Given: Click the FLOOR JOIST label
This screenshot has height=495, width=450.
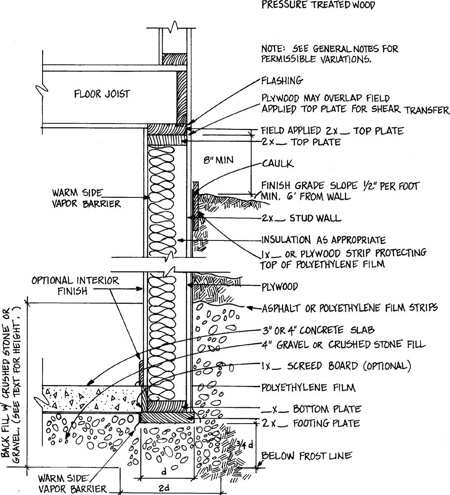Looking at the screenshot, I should (102, 94).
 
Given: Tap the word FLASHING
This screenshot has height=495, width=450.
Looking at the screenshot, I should (282, 80).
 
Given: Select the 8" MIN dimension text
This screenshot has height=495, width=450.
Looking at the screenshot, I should (218, 160).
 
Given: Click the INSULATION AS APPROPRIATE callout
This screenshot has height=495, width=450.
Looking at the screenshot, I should (323, 240).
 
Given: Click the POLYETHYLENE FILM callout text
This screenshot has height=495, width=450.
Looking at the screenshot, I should (308, 387).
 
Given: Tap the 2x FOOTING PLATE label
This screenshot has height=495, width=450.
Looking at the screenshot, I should (310, 423).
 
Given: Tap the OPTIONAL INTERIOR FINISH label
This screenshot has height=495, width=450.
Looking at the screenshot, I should (75, 285).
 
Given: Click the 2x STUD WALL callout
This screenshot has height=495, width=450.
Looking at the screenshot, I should (302, 218).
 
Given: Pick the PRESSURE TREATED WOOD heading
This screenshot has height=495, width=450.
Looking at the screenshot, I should (318, 5).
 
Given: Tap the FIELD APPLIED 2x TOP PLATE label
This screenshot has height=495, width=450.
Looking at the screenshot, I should (332, 131).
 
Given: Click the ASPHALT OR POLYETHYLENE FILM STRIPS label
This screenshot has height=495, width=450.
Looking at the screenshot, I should (350, 308).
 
